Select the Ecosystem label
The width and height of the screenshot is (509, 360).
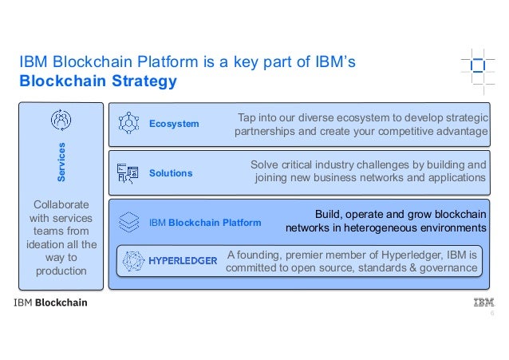[174, 124]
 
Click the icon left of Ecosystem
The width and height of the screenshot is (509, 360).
[128, 123]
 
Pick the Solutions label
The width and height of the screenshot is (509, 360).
[171, 172]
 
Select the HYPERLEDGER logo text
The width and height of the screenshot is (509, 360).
[183, 261]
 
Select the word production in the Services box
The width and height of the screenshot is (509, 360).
[61, 271]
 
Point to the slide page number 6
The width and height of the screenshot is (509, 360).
[491, 315]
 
